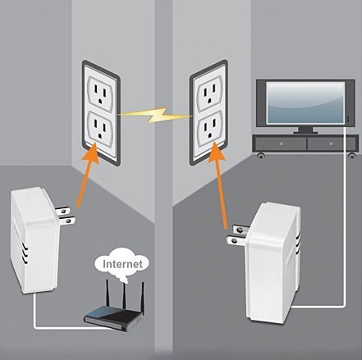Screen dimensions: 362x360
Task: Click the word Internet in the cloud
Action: pyautogui.click(x=122, y=264)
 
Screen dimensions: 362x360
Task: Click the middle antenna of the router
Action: pyautogui.click(x=125, y=295)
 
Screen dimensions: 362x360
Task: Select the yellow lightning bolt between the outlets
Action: pyautogui.click(x=155, y=116)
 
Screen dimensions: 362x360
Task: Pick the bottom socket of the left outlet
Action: pyautogui.click(x=100, y=129)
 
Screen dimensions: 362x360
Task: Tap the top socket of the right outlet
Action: pyautogui.click(x=209, y=93)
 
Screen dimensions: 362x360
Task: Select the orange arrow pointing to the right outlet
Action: pyautogui.click(x=219, y=187)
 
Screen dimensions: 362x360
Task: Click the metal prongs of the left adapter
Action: pyautogui.click(x=65, y=216)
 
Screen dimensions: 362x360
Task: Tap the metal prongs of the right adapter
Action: pyautogui.click(x=237, y=235)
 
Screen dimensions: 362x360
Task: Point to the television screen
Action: pyautogui.click(x=305, y=103)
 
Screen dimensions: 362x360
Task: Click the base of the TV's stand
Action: pyautogui.click(x=305, y=132)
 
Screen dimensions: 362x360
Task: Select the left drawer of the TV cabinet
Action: pyautogui.click(x=281, y=144)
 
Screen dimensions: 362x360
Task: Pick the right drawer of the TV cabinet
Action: pyautogui.click(x=332, y=144)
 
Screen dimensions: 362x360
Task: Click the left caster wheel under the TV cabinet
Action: pyautogui.click(x=261, y=156)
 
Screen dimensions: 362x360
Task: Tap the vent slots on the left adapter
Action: pyautogui.click(x=25, y=254)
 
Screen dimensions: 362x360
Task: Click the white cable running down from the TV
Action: pyautogui.click(x=344, y=216)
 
